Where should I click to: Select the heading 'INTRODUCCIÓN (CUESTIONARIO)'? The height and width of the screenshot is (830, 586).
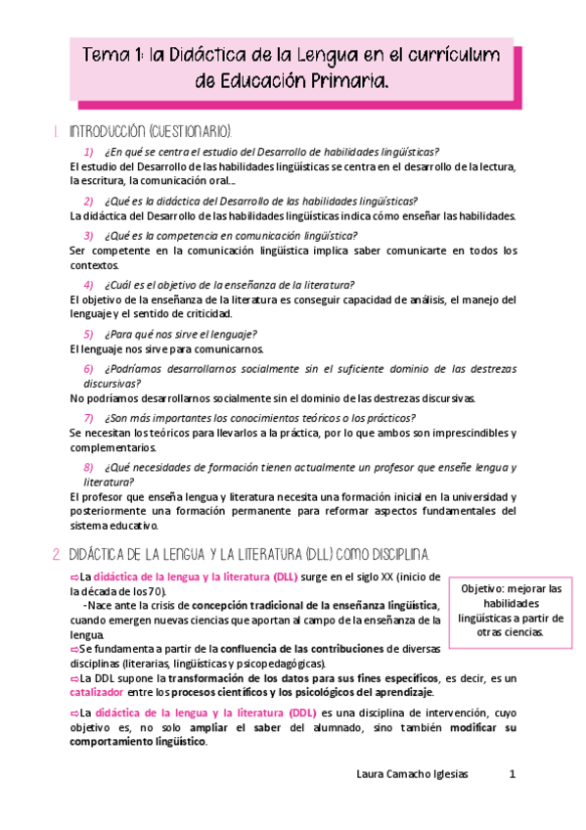(150, 130)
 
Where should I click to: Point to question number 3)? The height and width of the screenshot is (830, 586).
(88, 235)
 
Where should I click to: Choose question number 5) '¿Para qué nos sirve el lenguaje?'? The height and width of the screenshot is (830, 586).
(88, 334)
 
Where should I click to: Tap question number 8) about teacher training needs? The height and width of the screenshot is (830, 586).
(88, 468)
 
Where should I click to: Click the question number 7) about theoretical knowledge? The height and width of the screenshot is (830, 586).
(88, 418)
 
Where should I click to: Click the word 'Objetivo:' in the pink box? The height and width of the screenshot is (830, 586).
(485, 588)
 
